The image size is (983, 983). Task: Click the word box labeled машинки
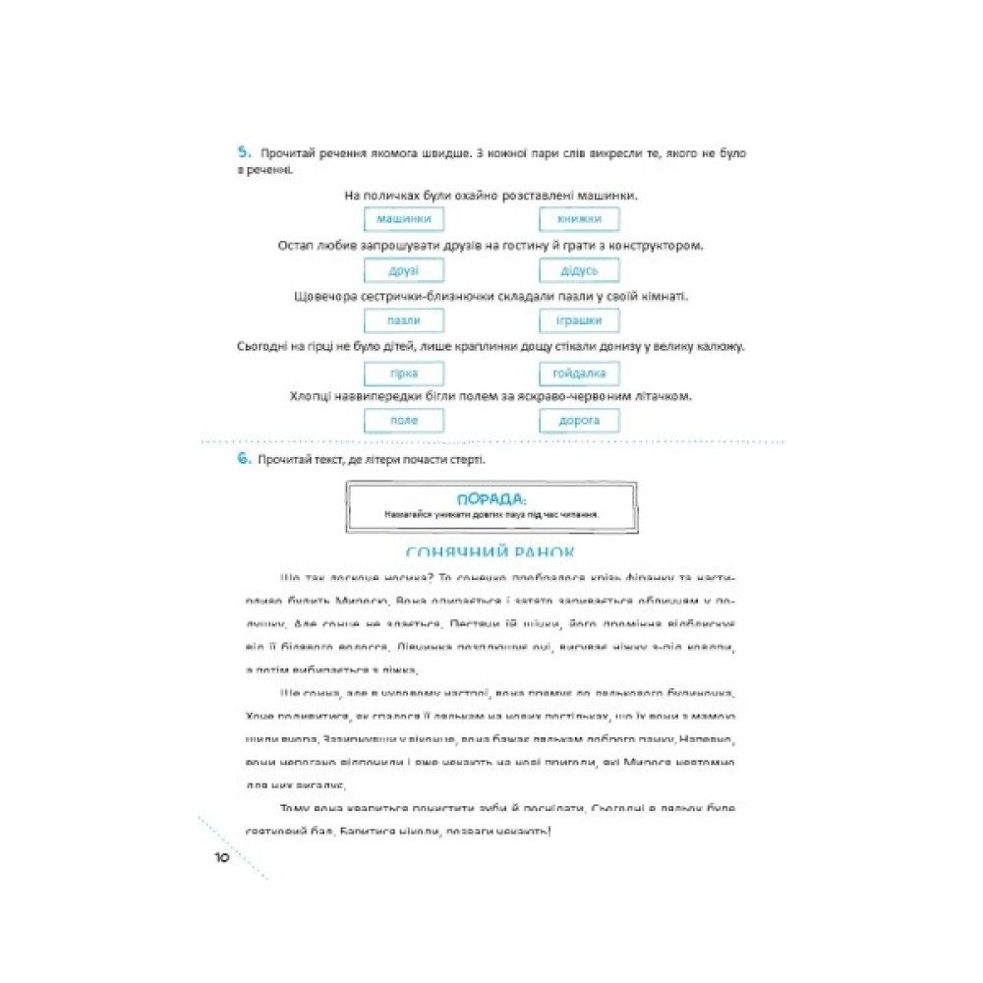(403, 219)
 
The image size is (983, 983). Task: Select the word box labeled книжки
(579, 219)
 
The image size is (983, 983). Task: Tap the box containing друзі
(403, 270)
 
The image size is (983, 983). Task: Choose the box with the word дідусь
(579, 270)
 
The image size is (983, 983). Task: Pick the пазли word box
(403, 320)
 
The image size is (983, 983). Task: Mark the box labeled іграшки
(579, 320)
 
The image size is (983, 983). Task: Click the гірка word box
(403, 374)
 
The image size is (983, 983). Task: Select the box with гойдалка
(579, 374)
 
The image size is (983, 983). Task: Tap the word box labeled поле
(403, 421)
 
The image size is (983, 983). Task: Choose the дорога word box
(579, 421)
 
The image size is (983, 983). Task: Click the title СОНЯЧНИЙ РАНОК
(491, 553)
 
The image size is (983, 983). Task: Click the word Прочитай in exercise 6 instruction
(281, 460)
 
